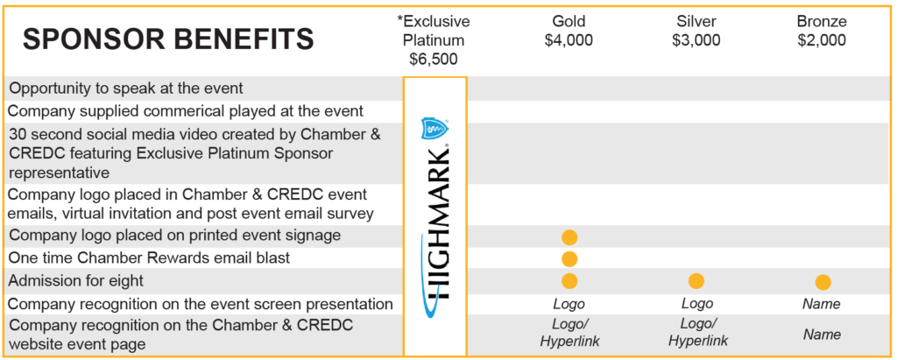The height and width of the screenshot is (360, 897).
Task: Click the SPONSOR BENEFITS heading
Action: tap(168, 39)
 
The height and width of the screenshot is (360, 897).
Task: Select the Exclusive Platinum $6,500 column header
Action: tap(434, 40)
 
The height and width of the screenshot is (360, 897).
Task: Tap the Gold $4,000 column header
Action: tap(569, 31)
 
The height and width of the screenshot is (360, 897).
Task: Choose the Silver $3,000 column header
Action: tap(696, 31)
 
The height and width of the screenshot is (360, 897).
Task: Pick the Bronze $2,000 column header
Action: tap(822, 31)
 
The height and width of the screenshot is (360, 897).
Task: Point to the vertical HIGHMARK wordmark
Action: tap(437, 223)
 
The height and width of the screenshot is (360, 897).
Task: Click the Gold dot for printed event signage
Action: tap(569, 237)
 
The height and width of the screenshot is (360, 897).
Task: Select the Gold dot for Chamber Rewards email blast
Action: tap(569, 259)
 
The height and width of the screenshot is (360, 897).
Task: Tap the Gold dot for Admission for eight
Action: tap(569, 281)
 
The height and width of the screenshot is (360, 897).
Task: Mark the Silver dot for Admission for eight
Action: tap(696, 281)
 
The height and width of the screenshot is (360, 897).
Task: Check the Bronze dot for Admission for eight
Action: tap(823, 282)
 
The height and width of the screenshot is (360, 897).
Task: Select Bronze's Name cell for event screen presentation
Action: tap(822, 304)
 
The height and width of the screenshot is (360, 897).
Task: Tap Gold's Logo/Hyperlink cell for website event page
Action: tap(569, 333)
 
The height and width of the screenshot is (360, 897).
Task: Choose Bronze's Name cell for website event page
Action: tap(822, 335)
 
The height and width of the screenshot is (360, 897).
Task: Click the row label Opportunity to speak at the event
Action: tap(126, 88)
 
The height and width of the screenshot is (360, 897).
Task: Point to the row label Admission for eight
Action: tap(77, 281)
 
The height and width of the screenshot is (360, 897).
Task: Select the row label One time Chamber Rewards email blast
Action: tap(150, 258)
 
